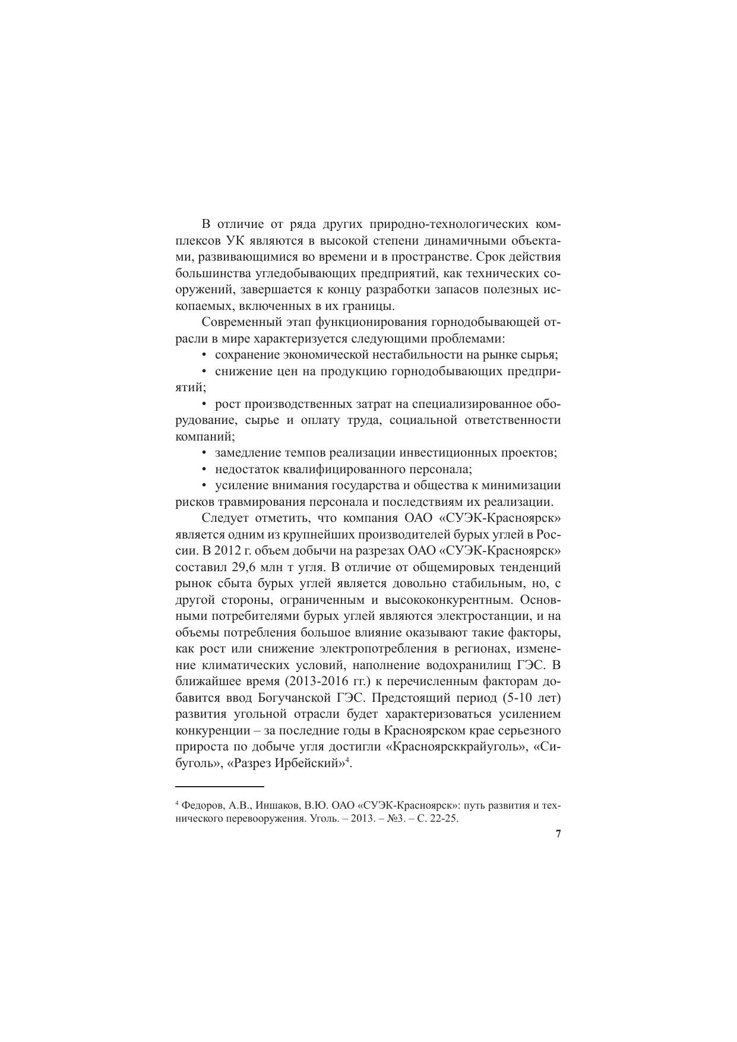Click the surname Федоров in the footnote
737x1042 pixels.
(200, 806)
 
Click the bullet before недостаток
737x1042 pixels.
(204, 469)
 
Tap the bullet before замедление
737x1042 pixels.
(204, 453)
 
